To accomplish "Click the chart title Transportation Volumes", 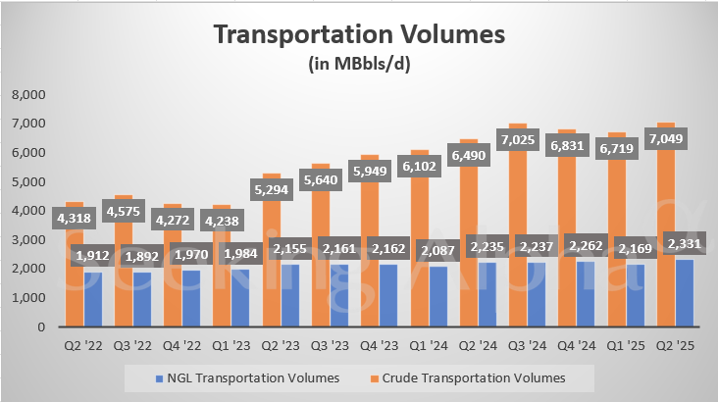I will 359,34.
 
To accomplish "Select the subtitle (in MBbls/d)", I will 359,65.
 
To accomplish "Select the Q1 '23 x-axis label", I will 232,344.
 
